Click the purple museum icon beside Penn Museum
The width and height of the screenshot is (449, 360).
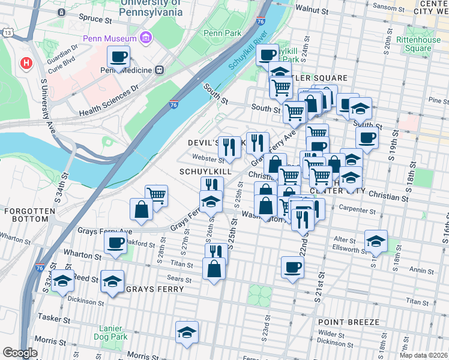145,39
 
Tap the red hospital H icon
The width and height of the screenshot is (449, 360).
26,62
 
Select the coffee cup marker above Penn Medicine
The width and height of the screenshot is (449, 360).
119,58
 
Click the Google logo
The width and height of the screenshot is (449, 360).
20,353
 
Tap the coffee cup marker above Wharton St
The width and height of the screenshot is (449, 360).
115,242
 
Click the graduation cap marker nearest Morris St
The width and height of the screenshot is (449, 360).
187,332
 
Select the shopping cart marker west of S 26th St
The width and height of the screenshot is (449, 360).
156,194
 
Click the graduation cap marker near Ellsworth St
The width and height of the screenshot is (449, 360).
376,241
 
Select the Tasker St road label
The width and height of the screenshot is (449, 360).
50,316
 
